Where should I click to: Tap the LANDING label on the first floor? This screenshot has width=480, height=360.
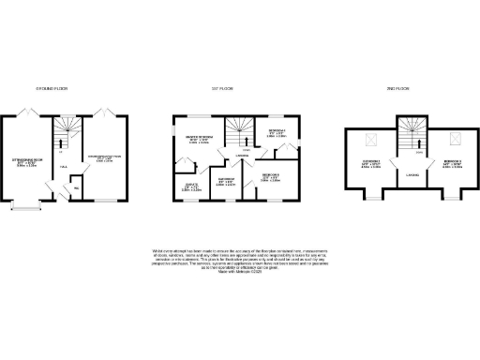point(241,156)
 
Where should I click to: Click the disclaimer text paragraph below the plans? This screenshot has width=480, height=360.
point(239,257)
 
